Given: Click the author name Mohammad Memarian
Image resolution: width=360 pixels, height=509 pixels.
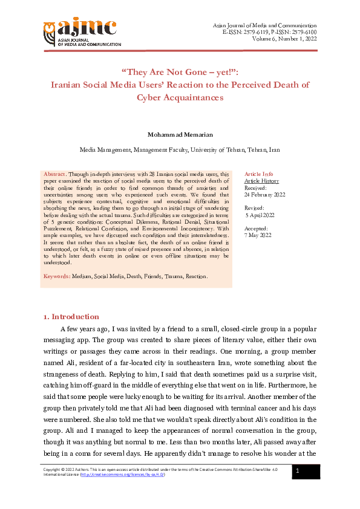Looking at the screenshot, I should coord(180,134).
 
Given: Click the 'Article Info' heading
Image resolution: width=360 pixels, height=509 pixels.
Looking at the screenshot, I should coord(258,173).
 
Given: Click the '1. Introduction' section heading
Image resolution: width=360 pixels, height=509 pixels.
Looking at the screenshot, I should coord(71,317).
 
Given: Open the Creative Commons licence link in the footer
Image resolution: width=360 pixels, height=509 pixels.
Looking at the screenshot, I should coord(116,475).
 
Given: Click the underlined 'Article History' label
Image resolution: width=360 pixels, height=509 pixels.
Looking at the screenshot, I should coord(261,181).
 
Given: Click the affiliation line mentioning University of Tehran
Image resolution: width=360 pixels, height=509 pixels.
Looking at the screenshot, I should coord(180,149).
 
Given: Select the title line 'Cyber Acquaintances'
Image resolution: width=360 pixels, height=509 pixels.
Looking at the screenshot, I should coord(180,97).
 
